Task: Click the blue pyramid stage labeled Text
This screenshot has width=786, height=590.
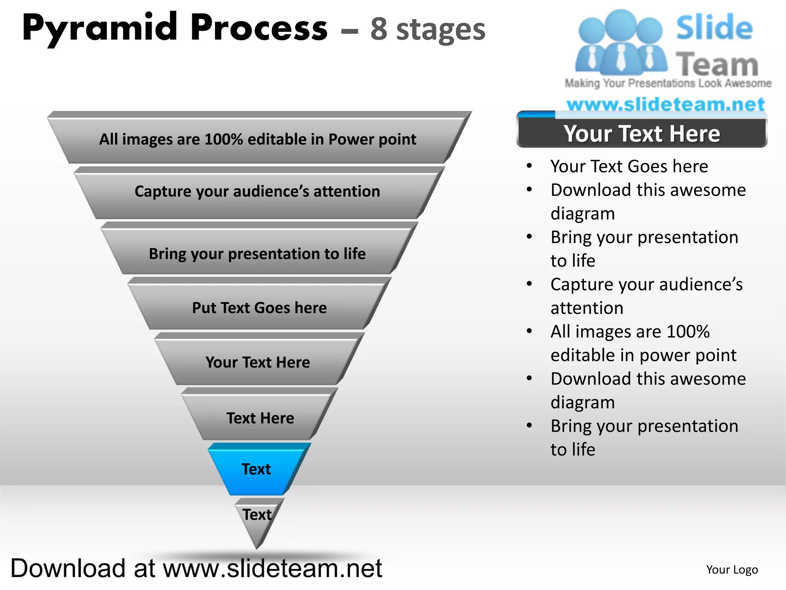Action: pos(256,469)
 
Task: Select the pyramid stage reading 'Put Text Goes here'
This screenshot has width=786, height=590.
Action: pos(259,308)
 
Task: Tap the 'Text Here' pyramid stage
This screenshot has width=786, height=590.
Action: pos(260,418)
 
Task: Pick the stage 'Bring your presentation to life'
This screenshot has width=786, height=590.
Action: pos(257,254)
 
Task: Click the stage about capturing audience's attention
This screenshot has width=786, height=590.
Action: pos(257,191)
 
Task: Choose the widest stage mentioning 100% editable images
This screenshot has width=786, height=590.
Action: pos(258,139)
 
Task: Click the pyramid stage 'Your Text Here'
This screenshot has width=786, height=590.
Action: pos(258,362)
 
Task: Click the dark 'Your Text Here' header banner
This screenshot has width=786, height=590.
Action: pos(642,134)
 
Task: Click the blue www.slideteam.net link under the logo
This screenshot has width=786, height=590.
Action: pos(665,104)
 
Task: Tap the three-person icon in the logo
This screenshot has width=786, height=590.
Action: pos(621,42)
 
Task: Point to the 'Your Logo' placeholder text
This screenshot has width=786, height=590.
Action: pos(732,570)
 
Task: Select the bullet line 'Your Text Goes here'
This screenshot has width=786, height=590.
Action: pos(629,166)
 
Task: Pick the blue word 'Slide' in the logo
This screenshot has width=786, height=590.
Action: pos(714,28)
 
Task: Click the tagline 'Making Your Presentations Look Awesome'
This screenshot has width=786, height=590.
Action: pos(668,83)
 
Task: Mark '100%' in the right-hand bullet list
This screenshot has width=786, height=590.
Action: pos(688,331)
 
